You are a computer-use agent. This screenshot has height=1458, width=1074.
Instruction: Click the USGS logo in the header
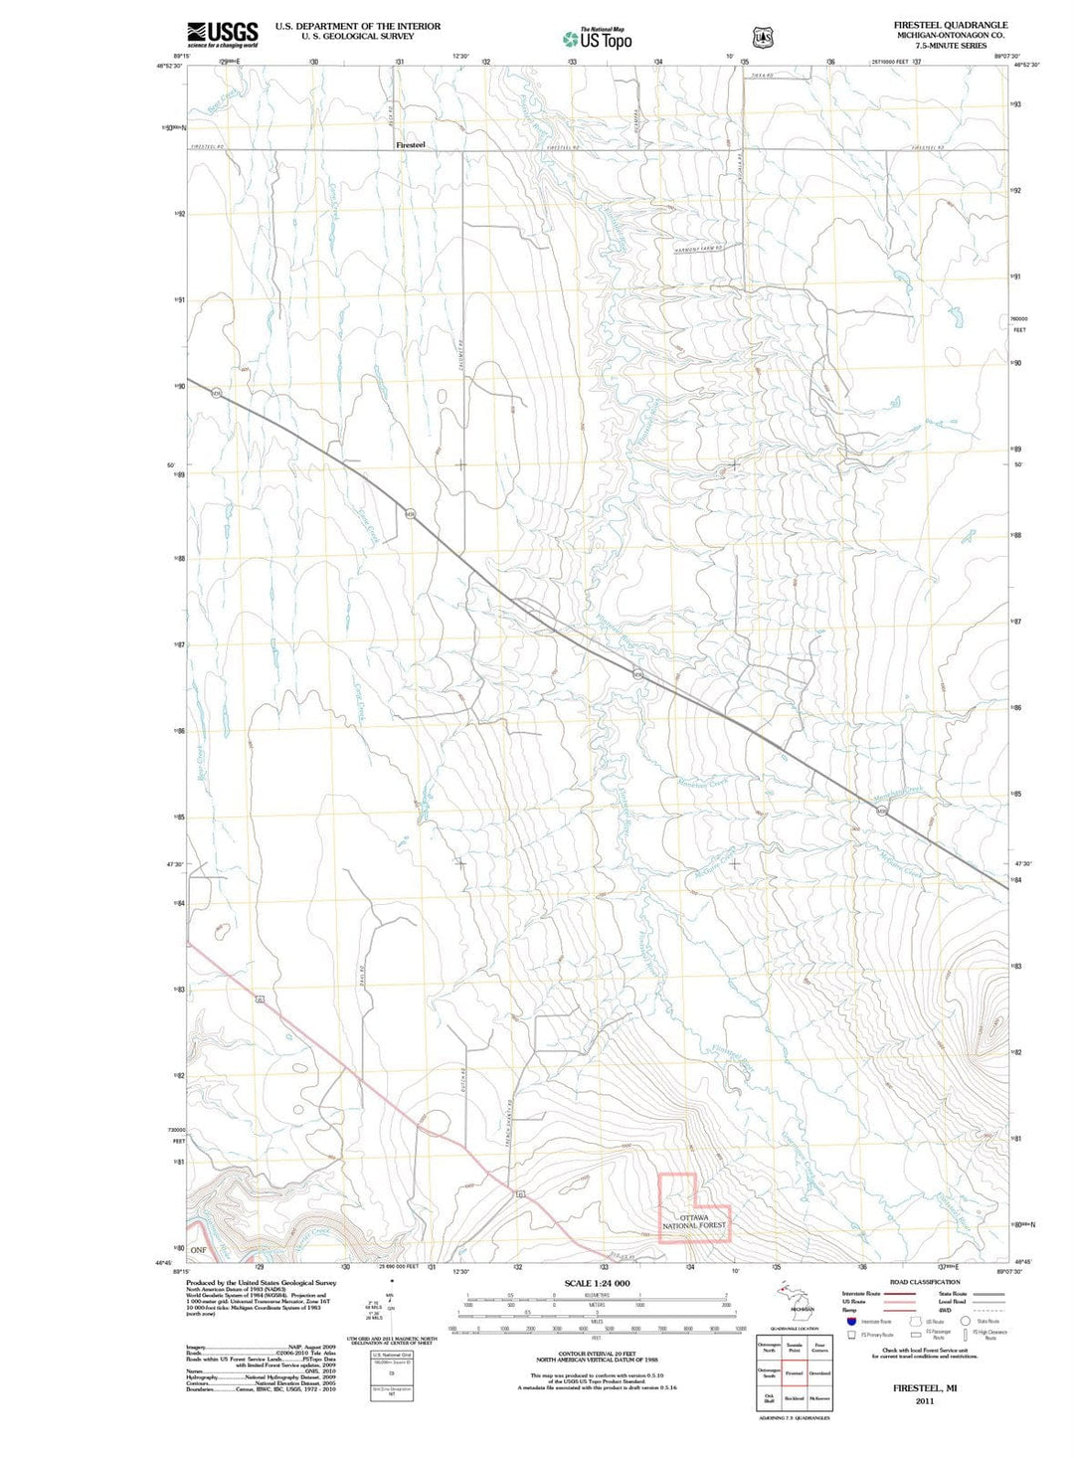coord(222,35)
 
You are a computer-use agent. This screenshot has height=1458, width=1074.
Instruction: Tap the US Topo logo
coord(597,39)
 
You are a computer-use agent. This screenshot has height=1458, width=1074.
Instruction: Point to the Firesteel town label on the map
coord(410,145)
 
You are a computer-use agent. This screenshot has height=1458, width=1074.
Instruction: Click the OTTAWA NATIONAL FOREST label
coord(694,1221)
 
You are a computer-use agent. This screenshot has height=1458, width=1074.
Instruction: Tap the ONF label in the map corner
coord(198,1250)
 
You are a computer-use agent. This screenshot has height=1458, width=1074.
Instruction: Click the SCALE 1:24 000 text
coord(597,1283)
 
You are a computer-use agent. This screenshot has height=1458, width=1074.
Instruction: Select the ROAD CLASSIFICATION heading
coord(925,1282)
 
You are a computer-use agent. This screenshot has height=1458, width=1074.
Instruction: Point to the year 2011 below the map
coord(925,1400)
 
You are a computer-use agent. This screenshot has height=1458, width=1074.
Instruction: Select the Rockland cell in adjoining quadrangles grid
coord(794,1398)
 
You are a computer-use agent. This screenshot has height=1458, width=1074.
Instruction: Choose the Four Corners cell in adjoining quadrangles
coord(819,1348)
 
